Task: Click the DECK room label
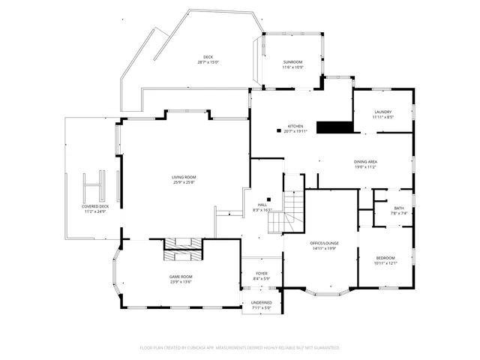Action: point(208,58)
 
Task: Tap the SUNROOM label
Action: point(292,62)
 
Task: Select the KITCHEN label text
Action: point(295,126)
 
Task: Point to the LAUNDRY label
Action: point(382,112)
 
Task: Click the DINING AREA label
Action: point(365,161)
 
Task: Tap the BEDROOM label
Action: point(384,257)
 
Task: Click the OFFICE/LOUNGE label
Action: point(325,244)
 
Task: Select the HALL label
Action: point(262,205)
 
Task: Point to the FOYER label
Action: point(261,274)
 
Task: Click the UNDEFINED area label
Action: point(261,302)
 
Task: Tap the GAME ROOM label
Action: point(181,277)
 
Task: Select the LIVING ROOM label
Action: point(184,177)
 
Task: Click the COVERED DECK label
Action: point(95,206)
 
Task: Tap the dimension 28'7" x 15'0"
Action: point(208,62)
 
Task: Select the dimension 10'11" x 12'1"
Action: point(384,262)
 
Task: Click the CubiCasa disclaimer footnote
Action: point(240,348)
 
